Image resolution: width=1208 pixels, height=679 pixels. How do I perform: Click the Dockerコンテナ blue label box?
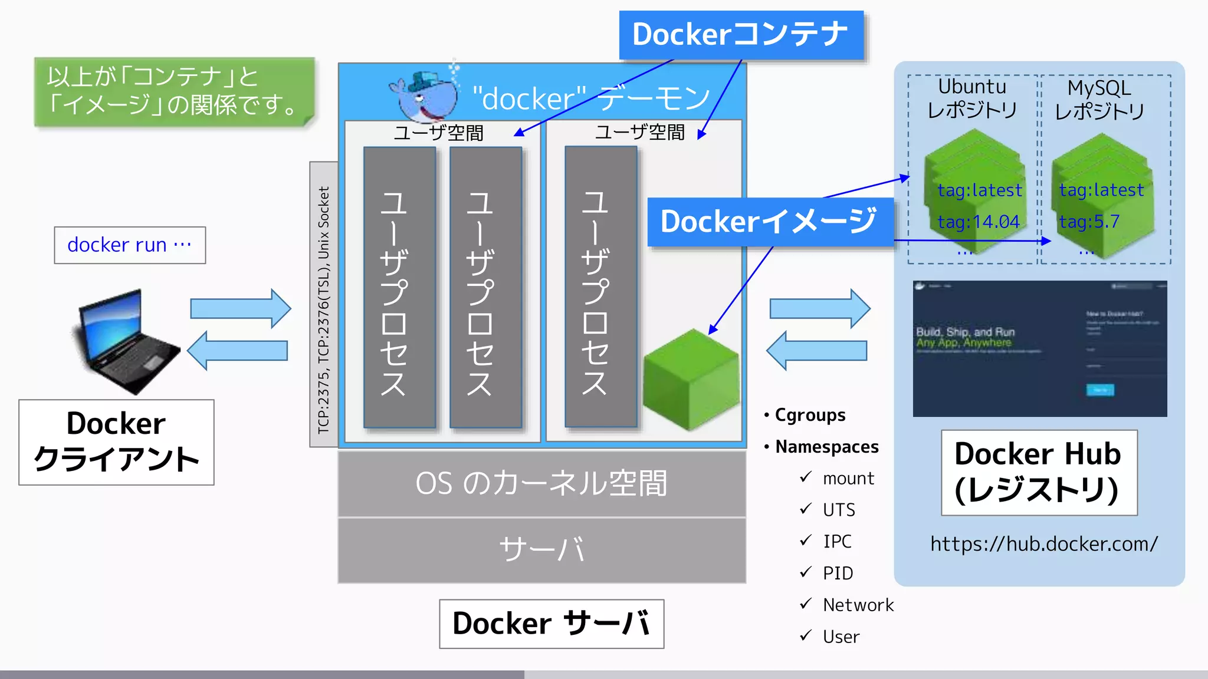(x=741, y=35)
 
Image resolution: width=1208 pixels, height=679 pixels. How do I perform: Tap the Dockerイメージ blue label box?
(x=769, y=222)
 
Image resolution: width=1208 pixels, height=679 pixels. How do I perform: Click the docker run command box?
(x=130, y=245)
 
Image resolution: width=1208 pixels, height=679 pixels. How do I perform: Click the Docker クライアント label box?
(x=116, y=442)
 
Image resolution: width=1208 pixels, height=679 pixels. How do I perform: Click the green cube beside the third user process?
(x=690, y=380)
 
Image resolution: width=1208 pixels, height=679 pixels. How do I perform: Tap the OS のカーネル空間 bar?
(x=541, y=483)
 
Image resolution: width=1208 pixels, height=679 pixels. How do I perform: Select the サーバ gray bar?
(x=541, y=550)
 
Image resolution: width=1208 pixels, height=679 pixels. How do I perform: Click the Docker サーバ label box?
(x=552, y=624)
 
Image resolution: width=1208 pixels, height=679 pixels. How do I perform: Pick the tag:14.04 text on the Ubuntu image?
(x=979, y=222)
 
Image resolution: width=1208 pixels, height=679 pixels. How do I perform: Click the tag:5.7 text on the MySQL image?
(x=1089, y=222)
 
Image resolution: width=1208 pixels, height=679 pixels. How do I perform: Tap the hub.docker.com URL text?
(x=1043, y=543)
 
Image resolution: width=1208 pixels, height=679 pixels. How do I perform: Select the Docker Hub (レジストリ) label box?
(x=1039, y=472)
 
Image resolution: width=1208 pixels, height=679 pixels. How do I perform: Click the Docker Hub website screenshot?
(x=1039, y=349)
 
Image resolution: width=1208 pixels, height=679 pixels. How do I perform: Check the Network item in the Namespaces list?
(x=858, y=605)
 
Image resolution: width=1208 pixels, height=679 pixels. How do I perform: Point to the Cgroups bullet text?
(x=809, y=415)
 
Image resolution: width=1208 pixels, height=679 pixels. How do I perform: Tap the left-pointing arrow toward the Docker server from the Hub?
(x=817, y=351)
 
